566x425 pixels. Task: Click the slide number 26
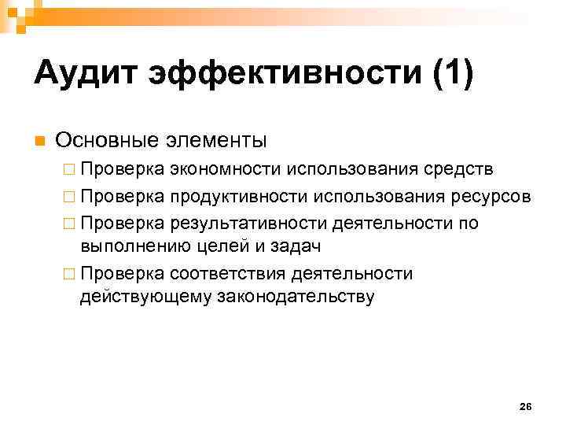tap(526, 406)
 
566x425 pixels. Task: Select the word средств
tap(463, 171)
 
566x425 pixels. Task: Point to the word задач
tap(277, 246)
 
